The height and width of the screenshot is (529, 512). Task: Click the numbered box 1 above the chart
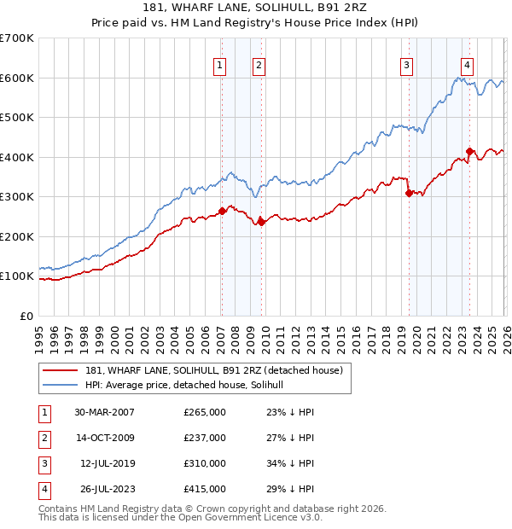point(220,65)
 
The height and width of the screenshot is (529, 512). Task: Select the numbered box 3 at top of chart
point(407,65)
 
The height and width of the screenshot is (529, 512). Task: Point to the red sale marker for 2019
point(409,193)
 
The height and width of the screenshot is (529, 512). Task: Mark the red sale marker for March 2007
point(222,211)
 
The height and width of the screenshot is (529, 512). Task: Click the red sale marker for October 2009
point(261,222)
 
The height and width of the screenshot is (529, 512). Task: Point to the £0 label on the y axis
point(26,316)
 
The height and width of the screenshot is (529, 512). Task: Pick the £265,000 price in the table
point(205,412)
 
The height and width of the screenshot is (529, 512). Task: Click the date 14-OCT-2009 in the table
point(104,438)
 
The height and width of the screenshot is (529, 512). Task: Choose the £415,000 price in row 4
point(205,489)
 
